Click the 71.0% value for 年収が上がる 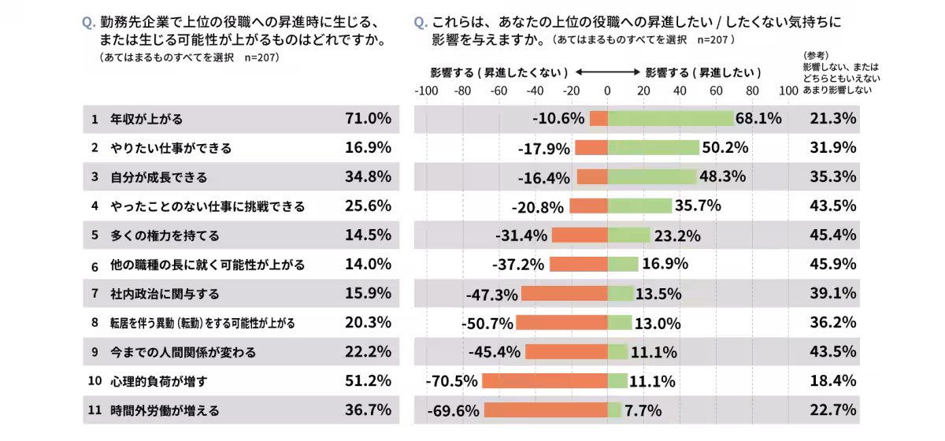pyautogui.click(x=368, y=119)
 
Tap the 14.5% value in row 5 pyautogui.click(x=368, y=235)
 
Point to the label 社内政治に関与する pyautogui.click(x=165, y=294)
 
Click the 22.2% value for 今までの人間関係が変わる pyautogui.click(x=368, y=351)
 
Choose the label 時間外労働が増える pyautogui.click(x=165, y=410)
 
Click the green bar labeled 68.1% pyautogui.click(x=670, y=118)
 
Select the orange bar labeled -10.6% pyautogui.click(x=598, y=118)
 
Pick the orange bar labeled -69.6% pyautogui.click(x=546, y=409)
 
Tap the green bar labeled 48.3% pyautogui.click(x=652, y=176)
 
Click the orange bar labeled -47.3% pyautogui.click(x=564, y=293)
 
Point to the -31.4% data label pyautogui.click(x=521, y=235)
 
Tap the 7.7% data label pyautogui.click(x=643, y=410)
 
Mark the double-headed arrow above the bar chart pyautogui.click(x=607, y=72)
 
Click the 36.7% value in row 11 pyautogui.click(x=368, y=409)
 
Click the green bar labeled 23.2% pyautogui.click(x=628, y=235)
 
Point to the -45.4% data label pyautogui.click(x=494, y=352)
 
